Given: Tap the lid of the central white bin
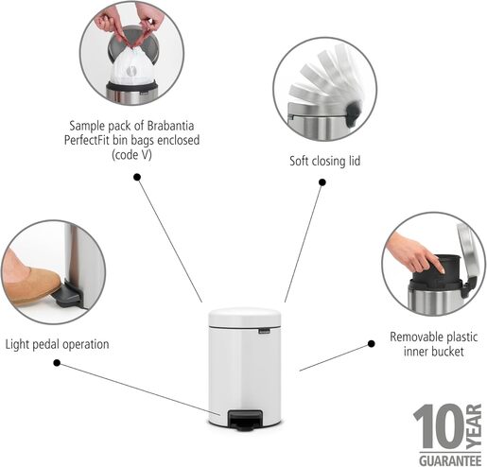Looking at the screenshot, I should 243,316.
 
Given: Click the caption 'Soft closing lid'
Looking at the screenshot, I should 324,161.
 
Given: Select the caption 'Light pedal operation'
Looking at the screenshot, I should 57,344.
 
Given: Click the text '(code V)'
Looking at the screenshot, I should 134,154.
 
